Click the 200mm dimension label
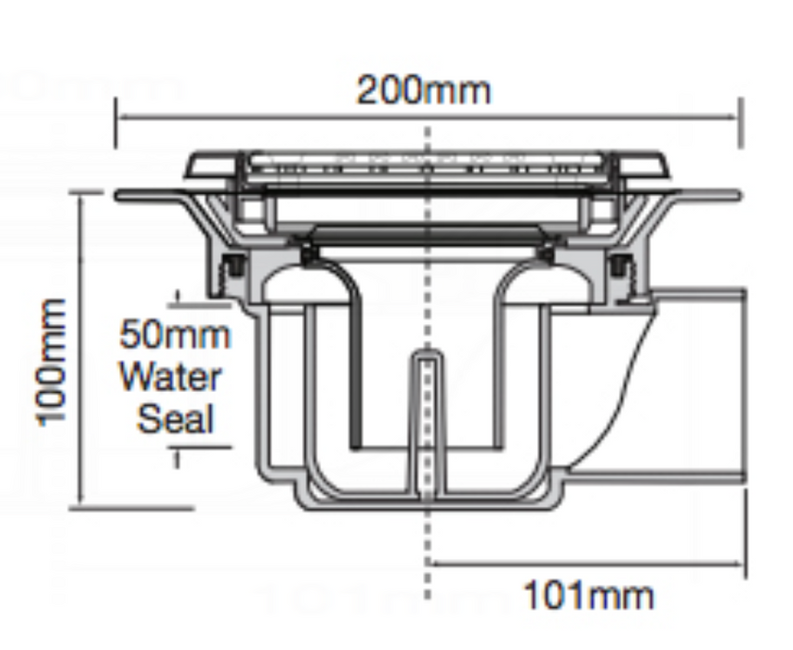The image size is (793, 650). [424, 90]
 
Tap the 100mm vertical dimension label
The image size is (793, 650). [50, 363]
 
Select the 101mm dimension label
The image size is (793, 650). [588, 595]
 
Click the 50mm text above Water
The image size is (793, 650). [175, 334]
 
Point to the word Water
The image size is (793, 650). [170, 376]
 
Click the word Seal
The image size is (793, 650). [176, 418]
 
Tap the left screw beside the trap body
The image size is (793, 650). [233, 266]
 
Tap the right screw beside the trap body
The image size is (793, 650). [620, 266]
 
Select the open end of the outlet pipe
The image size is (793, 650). [744, 386]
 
